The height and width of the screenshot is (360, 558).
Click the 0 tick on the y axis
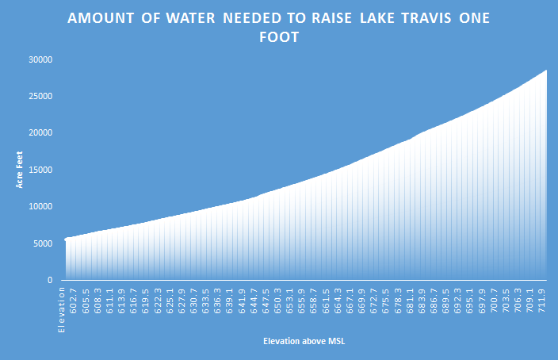click(x=49, y=280)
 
